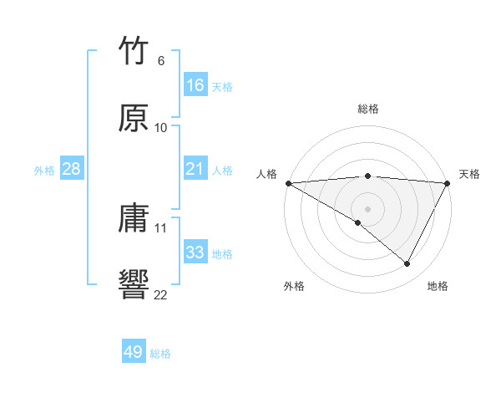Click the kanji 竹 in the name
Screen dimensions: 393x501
click(x=133, y=52)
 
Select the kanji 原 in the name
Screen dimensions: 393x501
click(x=133, y=118)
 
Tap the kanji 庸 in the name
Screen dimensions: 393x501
click(x=133, y=219)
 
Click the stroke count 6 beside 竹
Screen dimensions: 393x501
click(x=160, y=61)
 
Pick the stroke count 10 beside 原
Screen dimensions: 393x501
click(x=161, y=128)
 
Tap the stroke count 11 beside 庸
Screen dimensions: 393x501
click(x=161, y=227)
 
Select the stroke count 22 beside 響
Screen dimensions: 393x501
click(x=160, y=293)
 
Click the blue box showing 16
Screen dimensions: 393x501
click(x=195, y=85)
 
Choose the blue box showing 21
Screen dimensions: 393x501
click(x=195, y=169)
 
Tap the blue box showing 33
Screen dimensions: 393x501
click(x=195, y=253)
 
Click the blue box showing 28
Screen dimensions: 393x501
click(x=71, y=169)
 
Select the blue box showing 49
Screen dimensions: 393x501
click(x=133, y=352)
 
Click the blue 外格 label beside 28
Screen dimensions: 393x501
click(x=44, y=170)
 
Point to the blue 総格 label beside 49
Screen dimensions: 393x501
click(x=160, y=353)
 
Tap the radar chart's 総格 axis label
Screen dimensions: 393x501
click(x=367, y=109)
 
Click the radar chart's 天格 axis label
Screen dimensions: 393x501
click(x=469, y=174)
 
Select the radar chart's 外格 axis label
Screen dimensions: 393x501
click(x=294, y=286)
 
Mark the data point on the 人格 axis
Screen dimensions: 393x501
click(x=288, y=183)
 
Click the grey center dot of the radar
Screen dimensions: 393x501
click(x=367, y=208)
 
